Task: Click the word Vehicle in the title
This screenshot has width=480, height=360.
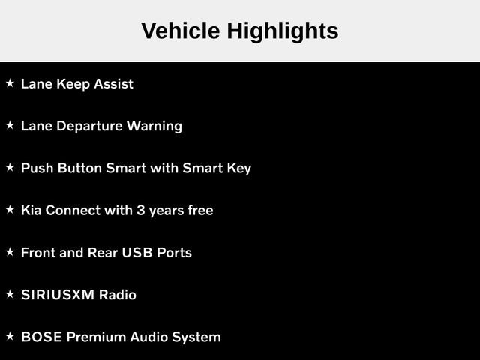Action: [181, 31]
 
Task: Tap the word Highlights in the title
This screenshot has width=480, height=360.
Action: [283, 32]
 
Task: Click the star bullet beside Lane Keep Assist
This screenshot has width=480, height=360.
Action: [10, 83]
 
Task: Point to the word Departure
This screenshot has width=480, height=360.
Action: [89, 127]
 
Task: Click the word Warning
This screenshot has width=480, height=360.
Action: [154, 127]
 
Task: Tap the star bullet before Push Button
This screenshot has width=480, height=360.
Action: [10, 167]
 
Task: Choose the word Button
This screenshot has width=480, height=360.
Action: [79, 168]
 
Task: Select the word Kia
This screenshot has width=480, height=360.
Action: [31, 211]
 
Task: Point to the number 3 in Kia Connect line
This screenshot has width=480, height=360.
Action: [140, 211]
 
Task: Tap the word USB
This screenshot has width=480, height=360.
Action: [137, 253]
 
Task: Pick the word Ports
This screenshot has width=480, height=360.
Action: [174, 253]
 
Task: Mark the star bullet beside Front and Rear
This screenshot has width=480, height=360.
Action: [10, 252]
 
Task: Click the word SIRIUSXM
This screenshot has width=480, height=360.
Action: [58, 295]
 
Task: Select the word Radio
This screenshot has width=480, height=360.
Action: [118, 295]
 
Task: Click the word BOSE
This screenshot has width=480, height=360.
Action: [41, 337]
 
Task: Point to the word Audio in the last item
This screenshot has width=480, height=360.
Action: [148, 337]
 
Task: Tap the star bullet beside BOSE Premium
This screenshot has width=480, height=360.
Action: [10, 336]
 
